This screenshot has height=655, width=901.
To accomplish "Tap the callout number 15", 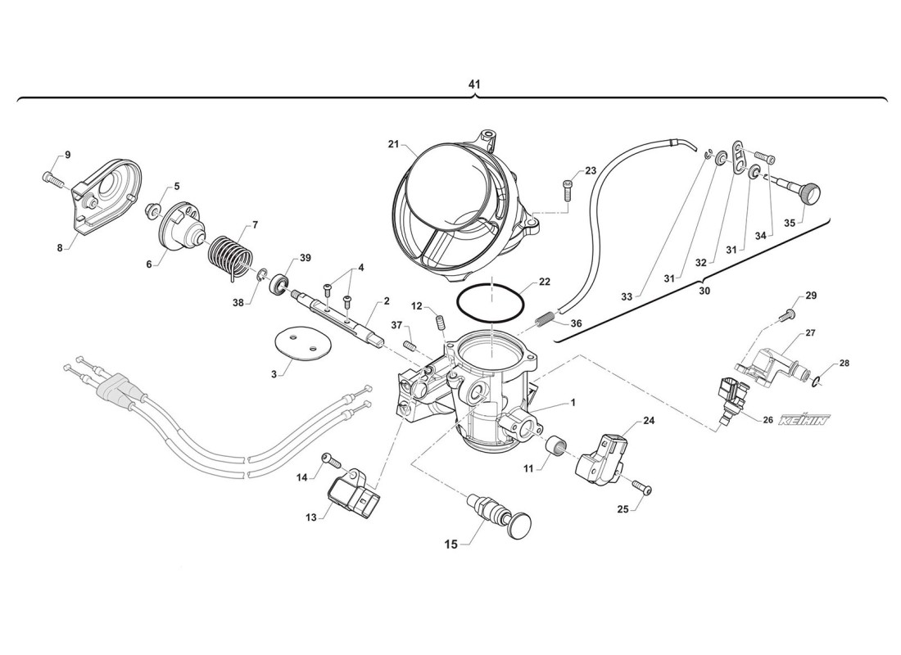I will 450,544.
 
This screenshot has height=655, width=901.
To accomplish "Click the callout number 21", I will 393,144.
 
